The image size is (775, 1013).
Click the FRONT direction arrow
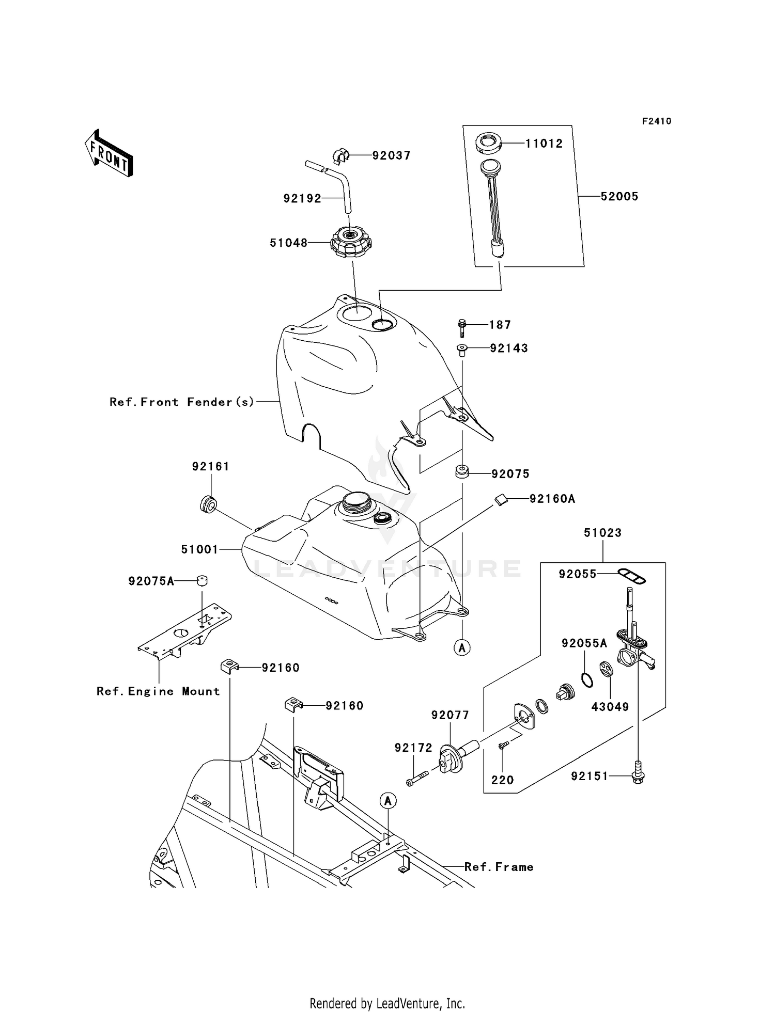click(x=109, y=154)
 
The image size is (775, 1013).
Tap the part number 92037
click(x=391, y=155)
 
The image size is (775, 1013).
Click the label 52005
click(x=619, y=196)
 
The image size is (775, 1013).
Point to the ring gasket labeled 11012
click(x=488, y=143)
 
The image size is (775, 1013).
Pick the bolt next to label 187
click(x=462, y=327)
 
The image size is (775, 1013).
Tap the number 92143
click(x=508, y=349)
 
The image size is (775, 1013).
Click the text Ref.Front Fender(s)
click(x=182, y=402)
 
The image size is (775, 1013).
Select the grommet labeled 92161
click(x=208, y=504)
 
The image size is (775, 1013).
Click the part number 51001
click(x=199, y=550)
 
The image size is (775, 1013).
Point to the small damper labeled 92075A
click(x=202, y=580)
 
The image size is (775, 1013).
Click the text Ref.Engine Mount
click(x=158, y=691)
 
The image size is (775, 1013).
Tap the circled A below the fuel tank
click(x=462, y=647)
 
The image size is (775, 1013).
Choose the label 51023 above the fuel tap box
click(x=602, y=533)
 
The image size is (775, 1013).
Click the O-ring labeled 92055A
click(x=586, y=680)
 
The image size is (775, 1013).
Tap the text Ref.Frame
click(x=499, y=867)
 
